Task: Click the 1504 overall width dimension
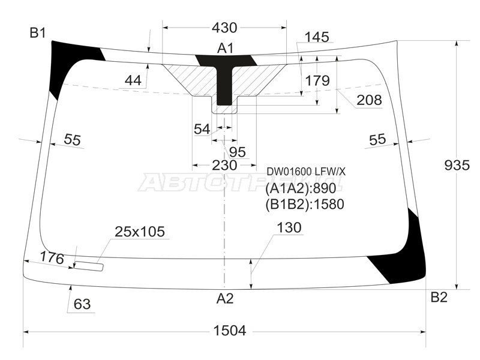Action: pyautogui.click(x=224, y=331)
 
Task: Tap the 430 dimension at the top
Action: pyautogui.click(x=224, y=28)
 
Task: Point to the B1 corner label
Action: pyautogui.click(x=38, y=33)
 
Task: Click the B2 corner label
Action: pyautogui.click(x=439, y=297)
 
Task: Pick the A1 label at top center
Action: pyautogui.click(x=225, y=47)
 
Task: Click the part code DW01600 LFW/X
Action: pyautogui.click(x=306, y=172)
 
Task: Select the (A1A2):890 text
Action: pyautogui.click(x=304, y=188)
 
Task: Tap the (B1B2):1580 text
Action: pyautogui.click(x=304, y=204)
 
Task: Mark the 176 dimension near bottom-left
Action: pyautogui.click(x=52, y=257)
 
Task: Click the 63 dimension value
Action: pyautogui.click(x=82, y=304)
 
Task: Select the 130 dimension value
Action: pyautogui.click(x=289, y=227)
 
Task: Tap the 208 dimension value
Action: pyautogui.click(x=368, y=100)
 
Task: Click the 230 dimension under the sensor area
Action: pyautogui.click(x=224, y=165)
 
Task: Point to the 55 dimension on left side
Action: pyautogui.click(x=72, y=140)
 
